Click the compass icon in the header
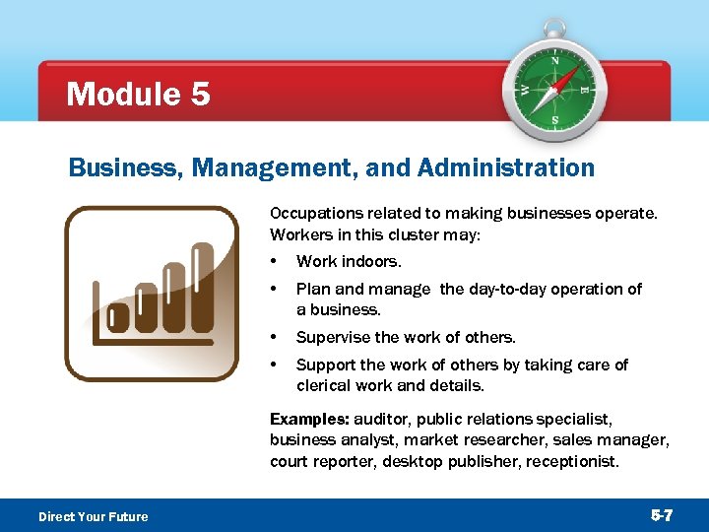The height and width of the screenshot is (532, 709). coord(555,90)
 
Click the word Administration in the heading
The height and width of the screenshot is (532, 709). coord(506,168)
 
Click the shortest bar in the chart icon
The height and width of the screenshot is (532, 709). coord(118,315)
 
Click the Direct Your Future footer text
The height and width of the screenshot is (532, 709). coord(94,516)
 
